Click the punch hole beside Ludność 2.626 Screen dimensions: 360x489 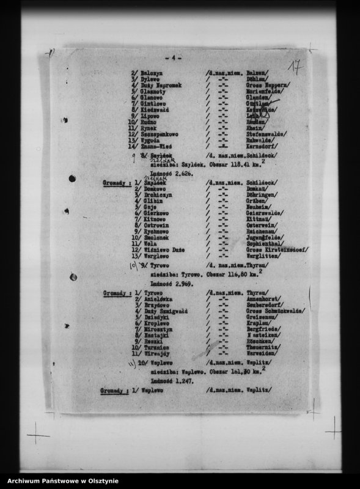pyautogui.click(x=73, y=178)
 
